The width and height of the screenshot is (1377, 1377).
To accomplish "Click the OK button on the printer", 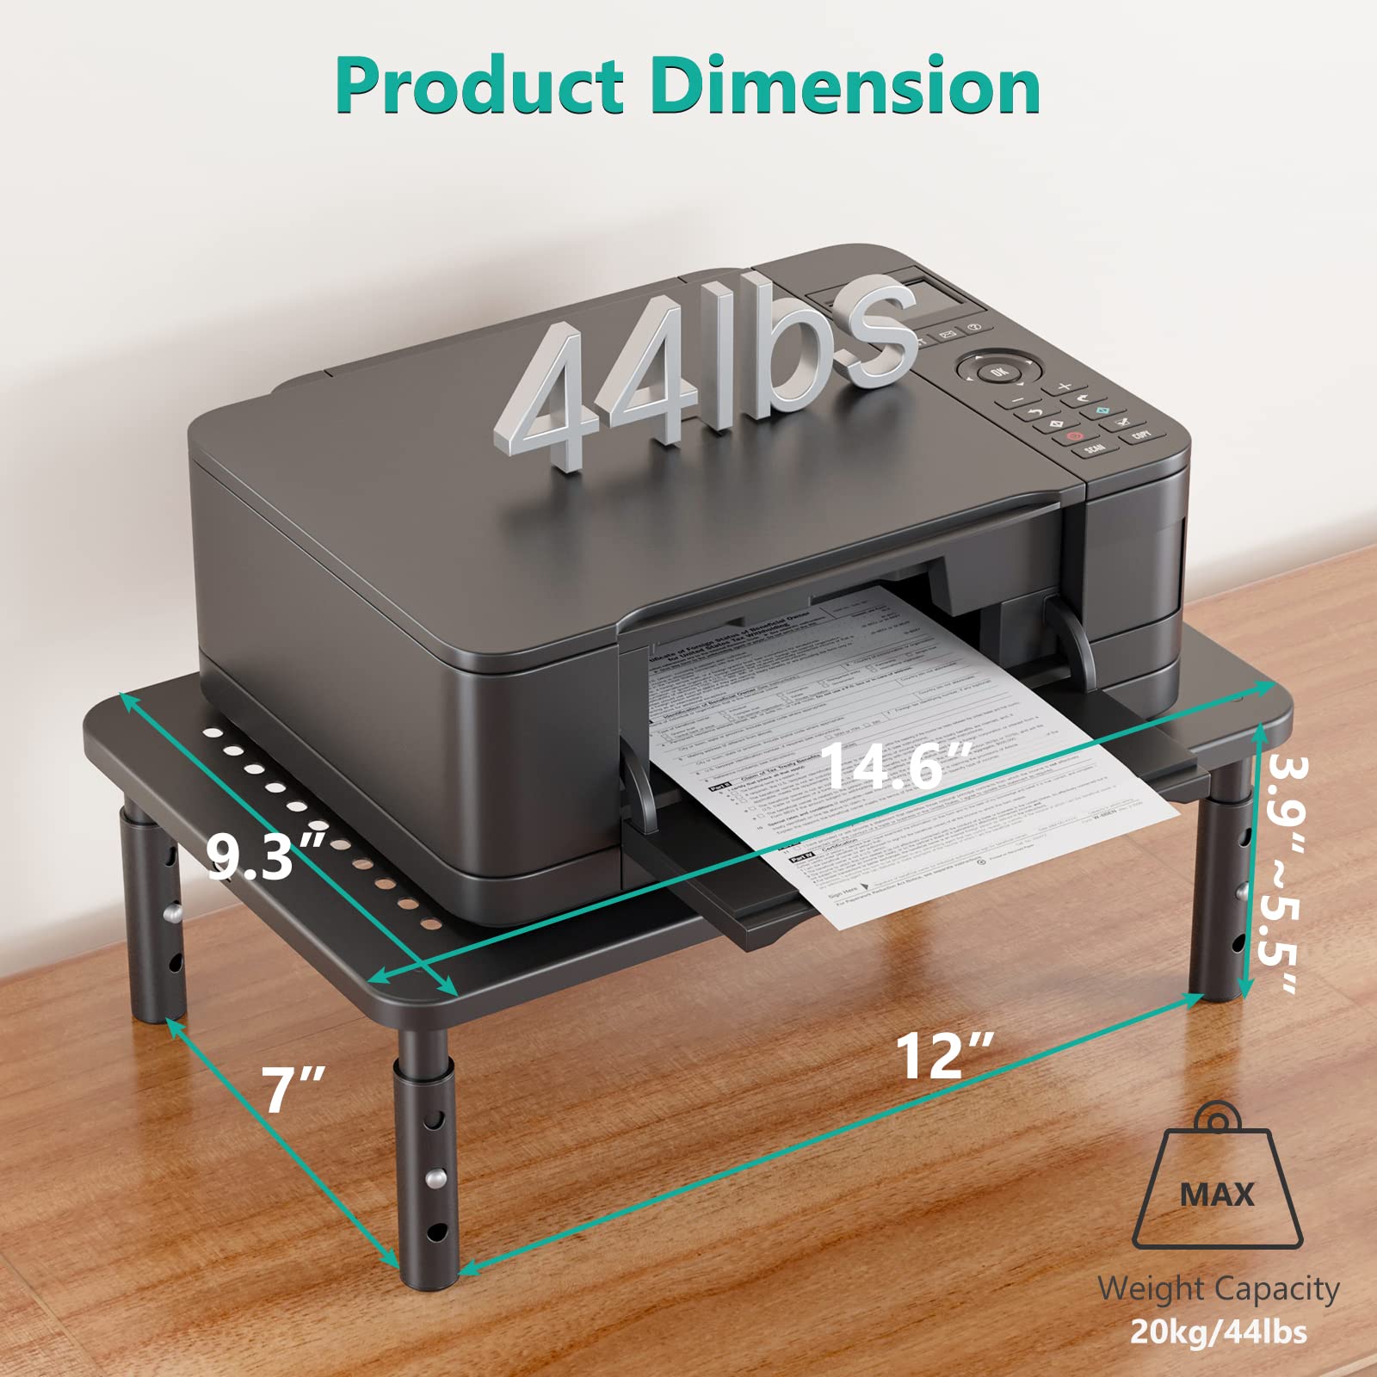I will pos(997,372).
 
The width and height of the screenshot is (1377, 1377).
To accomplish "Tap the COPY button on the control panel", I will pos(1141,435).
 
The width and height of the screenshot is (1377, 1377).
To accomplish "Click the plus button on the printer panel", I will pos(1065,387).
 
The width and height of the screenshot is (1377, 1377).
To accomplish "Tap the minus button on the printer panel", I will pos(1018,400).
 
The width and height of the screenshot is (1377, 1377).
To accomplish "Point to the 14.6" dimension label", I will pos(895,764).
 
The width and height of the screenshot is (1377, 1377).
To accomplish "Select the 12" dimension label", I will pos(945,1055).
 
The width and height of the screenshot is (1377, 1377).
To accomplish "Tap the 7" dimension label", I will pos(293,1090).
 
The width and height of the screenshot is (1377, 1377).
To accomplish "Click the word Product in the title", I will pos(479,86).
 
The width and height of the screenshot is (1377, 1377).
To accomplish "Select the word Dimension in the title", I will pos(845,86).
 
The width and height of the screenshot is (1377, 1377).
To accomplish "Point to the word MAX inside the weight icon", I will pos(1217,1194).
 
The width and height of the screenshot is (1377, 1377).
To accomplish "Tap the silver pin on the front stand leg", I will pos(437,1176).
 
